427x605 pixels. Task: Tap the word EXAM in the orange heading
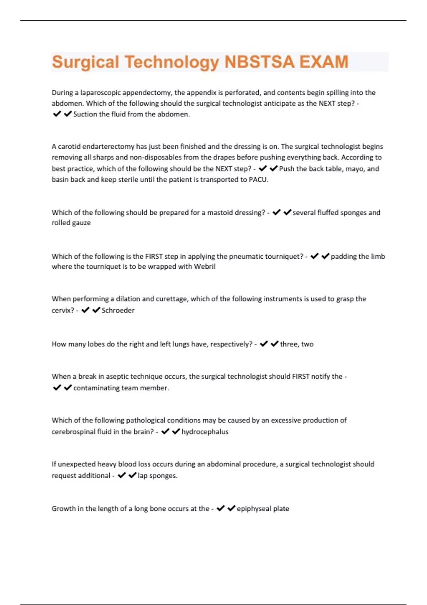323,62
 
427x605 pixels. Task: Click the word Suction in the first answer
85,114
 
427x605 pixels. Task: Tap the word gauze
81,223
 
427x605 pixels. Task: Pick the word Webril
205,267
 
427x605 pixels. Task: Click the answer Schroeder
118,310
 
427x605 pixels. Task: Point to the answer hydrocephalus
205,432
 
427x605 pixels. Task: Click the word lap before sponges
143,476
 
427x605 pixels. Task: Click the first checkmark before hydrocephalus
165,432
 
